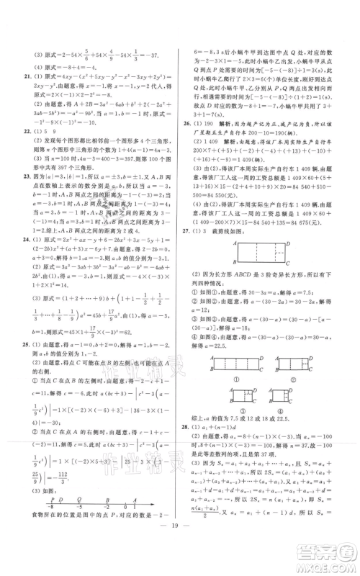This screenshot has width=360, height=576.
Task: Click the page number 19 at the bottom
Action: (x=180, y=547)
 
